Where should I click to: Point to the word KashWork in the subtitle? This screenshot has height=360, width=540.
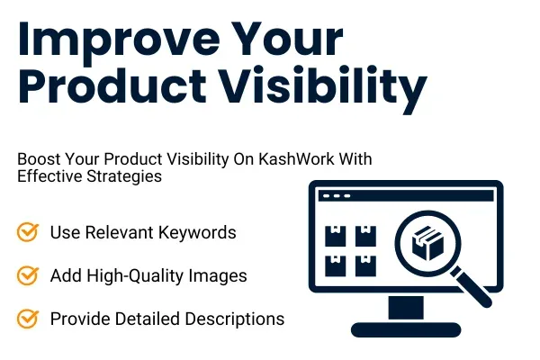312,158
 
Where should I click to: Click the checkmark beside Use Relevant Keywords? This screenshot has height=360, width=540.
28,232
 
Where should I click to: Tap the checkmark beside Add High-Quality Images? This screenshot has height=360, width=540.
28,275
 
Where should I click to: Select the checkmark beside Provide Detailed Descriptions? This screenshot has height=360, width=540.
28,318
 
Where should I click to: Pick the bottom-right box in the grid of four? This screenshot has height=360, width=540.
365,265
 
